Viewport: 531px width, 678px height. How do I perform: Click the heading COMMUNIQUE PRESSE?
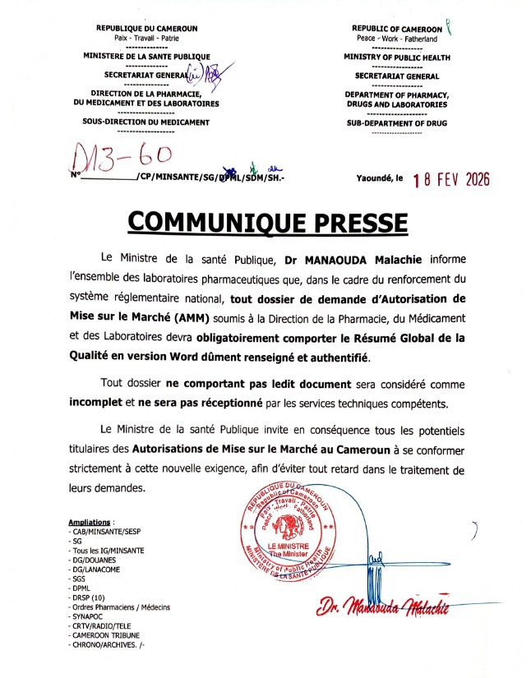pyautogui.click(x=265, y=222)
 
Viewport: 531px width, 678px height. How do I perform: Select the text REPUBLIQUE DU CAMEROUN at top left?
pyautogui.click(x=146, y=28)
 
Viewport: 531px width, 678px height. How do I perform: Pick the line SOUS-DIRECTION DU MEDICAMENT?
pyautogui.click(x=146, y=122)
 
